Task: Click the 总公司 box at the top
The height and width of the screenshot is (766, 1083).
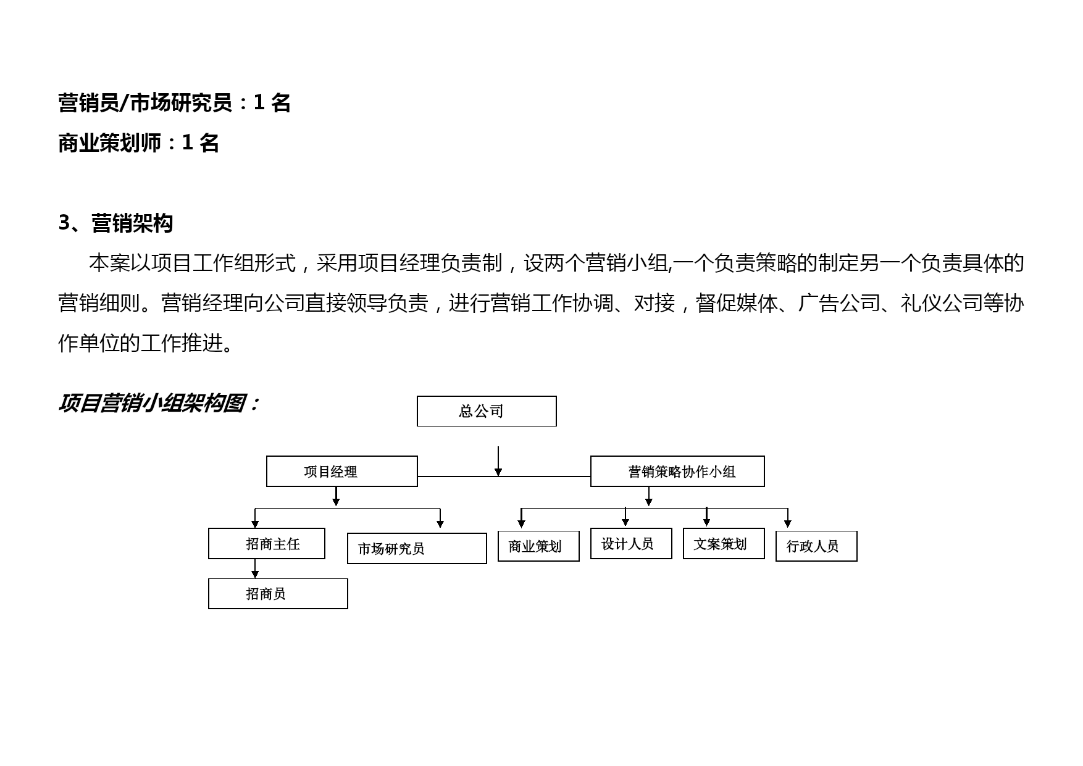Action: pyautogui.click(x=487, y=411)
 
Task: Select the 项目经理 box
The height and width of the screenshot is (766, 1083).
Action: pyautogui.click(x=342, y=472)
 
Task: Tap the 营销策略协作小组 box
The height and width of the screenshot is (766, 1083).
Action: pyautogui.click(x=677, y=472)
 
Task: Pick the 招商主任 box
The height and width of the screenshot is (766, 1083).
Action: pyautogui.click(x=267, y=544)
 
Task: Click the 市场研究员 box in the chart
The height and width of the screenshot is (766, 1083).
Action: pyautogui.click(x=417, y=549)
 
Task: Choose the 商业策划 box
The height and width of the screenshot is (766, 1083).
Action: pyautogui.click(x=538, y=546)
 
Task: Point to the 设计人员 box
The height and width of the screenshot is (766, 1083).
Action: pyautogui.click(x=631, y=544)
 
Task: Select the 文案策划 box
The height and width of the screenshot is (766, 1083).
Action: pyautogui.click(x=724, y=544)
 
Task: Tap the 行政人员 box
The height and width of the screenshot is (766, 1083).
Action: pyautogui.click(x=816, y=546)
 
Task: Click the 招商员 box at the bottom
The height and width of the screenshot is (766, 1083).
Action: pyautogui.click(x=278, y=594)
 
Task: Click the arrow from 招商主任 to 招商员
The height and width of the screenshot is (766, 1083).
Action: pyautogui.click(x=255, y=568)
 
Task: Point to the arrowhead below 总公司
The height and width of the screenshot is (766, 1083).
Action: pyautogui.click(x=498, y=472)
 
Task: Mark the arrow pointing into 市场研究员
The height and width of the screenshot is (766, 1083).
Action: pyautogui.click(x=440, y=518)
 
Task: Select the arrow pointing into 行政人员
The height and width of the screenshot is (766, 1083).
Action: pyautogui.click(x=788, y=518)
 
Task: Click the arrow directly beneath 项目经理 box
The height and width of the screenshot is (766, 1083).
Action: pyautogui.click(x=336, y=497)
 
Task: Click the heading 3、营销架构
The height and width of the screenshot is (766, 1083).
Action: pyautogui.click(x=115, y=223)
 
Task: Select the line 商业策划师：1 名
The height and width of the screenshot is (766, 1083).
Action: pyautogui.click(x=139, y=143)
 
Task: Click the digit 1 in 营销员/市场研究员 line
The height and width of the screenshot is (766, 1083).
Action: pyautogui.click(x=259, y=102)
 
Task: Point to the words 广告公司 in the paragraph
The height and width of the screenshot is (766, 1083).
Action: pyautogui.click(x=838, y=303)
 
